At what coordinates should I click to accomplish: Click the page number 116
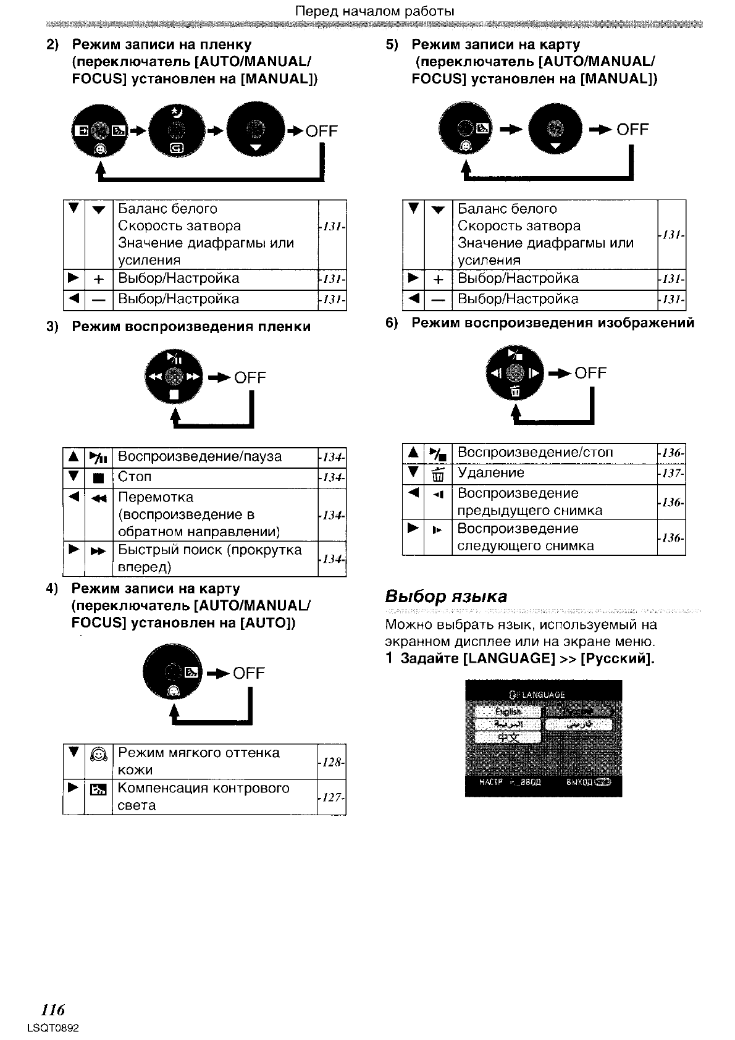(x=52, y=1010)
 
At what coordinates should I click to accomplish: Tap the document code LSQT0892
(x=54, y=1028)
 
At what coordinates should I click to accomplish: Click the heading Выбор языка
(x=446, y=596)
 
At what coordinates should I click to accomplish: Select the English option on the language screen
(x=508, y=711)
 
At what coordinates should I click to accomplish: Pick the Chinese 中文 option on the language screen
(x=508, y=737)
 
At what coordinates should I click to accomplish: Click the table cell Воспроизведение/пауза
(x=199, y=456)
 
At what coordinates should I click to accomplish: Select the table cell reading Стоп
(x=135, y=477)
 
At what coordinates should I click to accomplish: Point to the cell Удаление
(x=490, y=473)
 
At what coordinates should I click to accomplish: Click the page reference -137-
(x=671, y=473)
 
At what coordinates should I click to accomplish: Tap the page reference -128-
(x=332, y=762)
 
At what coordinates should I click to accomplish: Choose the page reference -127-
(x=332, y=797)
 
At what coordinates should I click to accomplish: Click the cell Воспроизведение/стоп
(x=535, y=453)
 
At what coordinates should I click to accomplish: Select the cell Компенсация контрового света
(x=203, y=797)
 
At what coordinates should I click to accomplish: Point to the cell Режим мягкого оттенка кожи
(x=198, y=761)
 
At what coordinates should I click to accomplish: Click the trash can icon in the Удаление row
(x=438, y=475)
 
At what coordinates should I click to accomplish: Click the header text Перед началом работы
(x=375, y=11)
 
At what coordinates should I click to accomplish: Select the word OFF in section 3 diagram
(x=250, y=377)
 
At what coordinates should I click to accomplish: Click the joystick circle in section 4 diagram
(x=172, y=672)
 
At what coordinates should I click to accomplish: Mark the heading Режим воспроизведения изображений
(x=553, y=323)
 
